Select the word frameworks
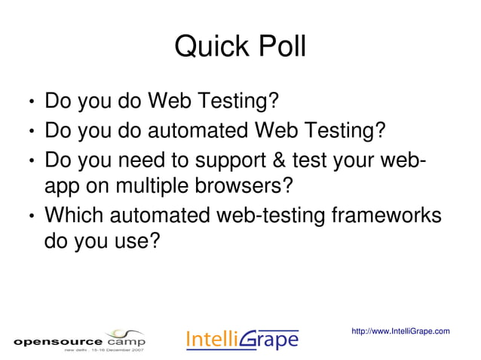tap(386, 215)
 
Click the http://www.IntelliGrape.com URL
tap(400, 331)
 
